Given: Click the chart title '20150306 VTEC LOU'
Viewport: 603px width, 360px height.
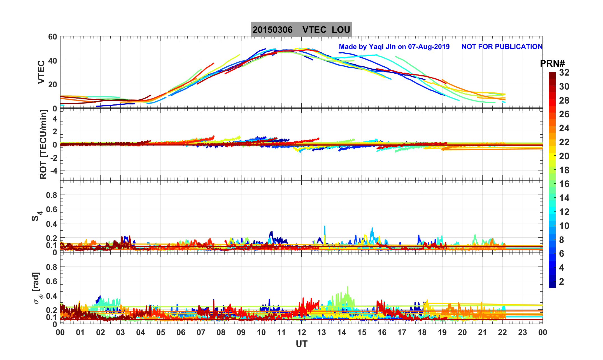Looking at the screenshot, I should click(301, 30).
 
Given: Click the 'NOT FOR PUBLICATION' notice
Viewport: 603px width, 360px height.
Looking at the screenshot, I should click(502, 47).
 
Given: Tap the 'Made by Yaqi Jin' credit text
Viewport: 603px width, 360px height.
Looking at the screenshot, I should click(394, 47).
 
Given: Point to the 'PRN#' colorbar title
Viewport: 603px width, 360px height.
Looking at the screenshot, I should click(552, 64).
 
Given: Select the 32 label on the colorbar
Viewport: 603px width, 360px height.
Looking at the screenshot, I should click(564, 73).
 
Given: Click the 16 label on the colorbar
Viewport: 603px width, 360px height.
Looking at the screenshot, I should click(564, 184).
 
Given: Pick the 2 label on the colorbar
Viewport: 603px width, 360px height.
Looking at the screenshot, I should click(562, 282).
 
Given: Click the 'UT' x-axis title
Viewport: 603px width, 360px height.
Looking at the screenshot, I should click(301, 344).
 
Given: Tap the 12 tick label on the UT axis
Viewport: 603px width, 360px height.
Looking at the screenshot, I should click(301, 333).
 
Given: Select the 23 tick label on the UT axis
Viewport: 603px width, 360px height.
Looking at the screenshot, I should click(522, 333).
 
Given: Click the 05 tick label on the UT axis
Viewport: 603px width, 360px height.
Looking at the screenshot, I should click(161, 333).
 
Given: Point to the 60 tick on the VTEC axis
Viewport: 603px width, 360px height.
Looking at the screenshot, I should click(52, 37).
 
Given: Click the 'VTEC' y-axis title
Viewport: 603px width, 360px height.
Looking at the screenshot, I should click(41, 72).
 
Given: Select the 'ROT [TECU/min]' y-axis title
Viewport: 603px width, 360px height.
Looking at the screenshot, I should click(43, 144).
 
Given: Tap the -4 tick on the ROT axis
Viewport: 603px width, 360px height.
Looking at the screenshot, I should click(53, 170).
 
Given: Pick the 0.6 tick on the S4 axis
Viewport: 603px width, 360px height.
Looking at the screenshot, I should click(52, 209).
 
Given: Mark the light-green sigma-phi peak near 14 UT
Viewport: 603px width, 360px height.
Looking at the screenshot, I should click(348, 287).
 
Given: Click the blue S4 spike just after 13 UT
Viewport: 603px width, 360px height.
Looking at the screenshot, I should click(325, 226).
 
